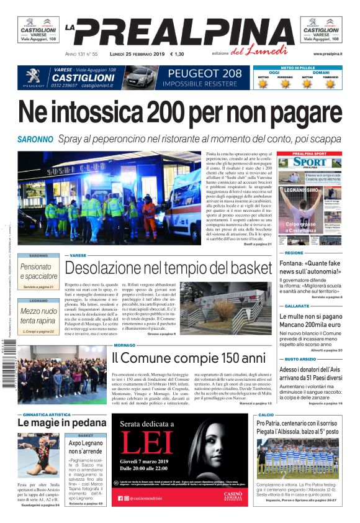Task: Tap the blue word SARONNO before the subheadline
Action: (x=35, y=139)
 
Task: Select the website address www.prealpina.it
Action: (x=327, y=54)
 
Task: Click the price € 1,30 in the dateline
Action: (x=177, y=54)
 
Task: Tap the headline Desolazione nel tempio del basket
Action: (x=168, y=268)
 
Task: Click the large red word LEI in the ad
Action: (x=146, y=442)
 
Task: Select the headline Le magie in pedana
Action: (x=53, y=422)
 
